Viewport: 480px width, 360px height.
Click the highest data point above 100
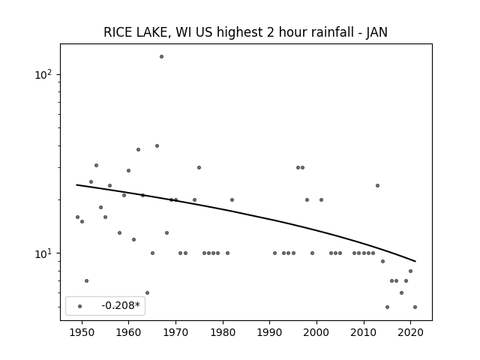pyautogui.click(x=162, y=57)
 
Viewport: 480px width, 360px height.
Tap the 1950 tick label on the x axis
pyautogui.click(x=82, y=332)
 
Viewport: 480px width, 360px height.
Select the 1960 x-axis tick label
pyautogui.click(x=128, y=332)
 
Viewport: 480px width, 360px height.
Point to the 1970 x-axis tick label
pyautogui.click(x=175, y=332)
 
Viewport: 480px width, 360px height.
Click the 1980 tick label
pyautogui.click(x=223, y=332)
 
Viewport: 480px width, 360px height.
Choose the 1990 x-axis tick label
pyautogui.click(x=270, y=332)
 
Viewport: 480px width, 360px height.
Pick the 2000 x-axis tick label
pyautogui.click(x=316, y=332)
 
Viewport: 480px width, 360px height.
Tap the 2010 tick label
pyautogui.click(x=364, y=332)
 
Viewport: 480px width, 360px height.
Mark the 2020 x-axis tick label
pyautogui.click(x=411, y=332)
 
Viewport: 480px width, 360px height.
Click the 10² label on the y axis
pyautogui.click(x=44, y=74)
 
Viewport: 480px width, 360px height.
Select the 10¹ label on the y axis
pyautogui.click(x=44, y=253)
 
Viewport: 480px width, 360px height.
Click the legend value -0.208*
pyautogui.click(x=121, y=305)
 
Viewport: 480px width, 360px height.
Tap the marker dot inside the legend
pyautogui.click(x=80, y=306)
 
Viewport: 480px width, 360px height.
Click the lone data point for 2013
pyautogui.click(x=377, y=185)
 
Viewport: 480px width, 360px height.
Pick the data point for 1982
pyautogui.click(x=232, y=200)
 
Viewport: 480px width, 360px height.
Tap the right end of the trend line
pyautogui.click(x=415, y=262)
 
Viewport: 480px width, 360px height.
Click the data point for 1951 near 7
pyautogui.click(x=87, y=280)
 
